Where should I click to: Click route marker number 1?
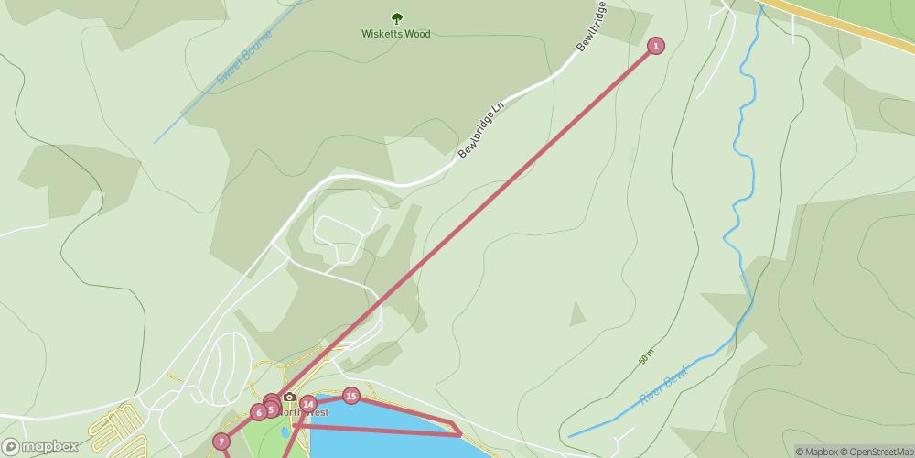(x=655, y=46)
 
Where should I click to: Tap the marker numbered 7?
(x=221, y=442)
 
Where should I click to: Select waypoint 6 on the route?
(x=259, y=412)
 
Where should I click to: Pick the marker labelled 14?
(x=307, y=404)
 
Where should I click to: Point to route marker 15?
(x=350, y=396)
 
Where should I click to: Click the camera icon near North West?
(x=289, y=397)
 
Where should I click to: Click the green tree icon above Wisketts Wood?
(x=396, y=17)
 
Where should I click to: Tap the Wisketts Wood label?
(x=395, y=35)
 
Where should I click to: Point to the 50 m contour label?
(x=648, y=354)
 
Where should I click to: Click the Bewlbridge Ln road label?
(x=481, y=130)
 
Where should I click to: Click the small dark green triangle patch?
(x=576, y=314)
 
